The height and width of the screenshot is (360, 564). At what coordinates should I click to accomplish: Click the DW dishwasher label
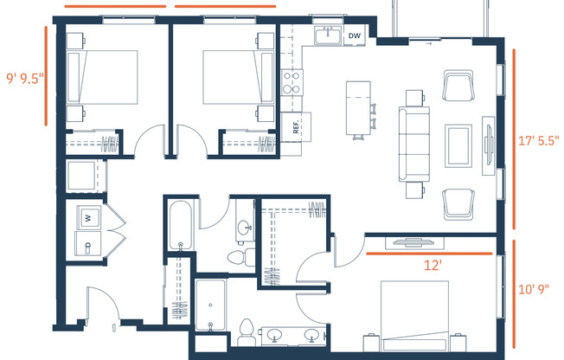point(353,35)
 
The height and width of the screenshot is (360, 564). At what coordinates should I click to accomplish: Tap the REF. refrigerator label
point(295,125)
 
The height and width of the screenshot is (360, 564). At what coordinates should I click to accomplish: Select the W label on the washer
point(88,218)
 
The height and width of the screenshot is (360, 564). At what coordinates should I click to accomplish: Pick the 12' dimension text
point(433,267)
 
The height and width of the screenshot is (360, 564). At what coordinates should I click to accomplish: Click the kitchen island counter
point(355,106)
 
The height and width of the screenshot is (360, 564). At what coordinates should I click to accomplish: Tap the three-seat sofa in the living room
point(409,144)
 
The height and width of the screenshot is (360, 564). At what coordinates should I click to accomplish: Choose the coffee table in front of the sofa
point(457,145)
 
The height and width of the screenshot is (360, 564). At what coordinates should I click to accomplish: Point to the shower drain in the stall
point(210,326)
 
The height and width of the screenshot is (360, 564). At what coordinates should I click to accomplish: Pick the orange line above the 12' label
point(433,254)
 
